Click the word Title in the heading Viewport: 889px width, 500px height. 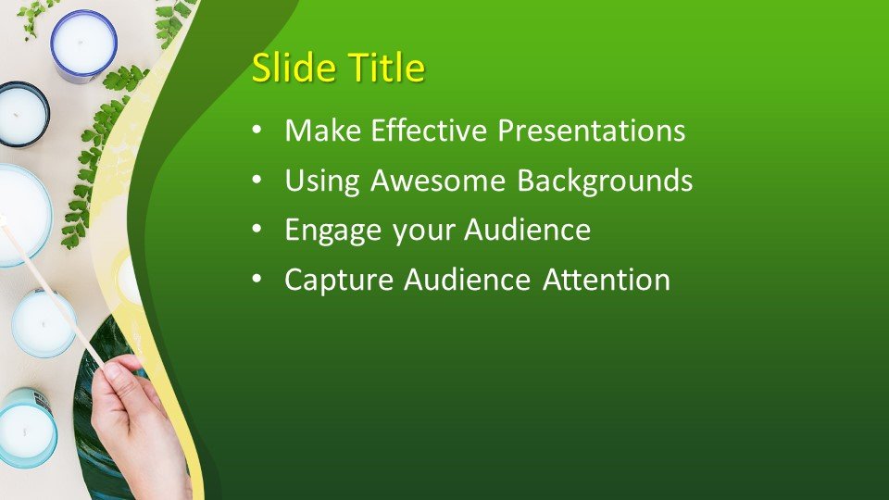tap(385, 69)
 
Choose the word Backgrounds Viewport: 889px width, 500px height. tap(605, 181)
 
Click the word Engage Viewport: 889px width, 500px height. tap(334, 231)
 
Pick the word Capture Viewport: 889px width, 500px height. tap(339, 280)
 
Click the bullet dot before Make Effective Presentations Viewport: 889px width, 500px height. tap(257, 131)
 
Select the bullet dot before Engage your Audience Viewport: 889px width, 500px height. tap(257, 231)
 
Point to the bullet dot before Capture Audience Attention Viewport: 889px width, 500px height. tap(257, 281)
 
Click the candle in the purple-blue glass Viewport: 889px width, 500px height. tap(83, 44)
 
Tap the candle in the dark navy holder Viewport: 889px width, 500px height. tap(21, 114)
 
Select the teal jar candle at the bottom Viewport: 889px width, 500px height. tap(26, 428)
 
